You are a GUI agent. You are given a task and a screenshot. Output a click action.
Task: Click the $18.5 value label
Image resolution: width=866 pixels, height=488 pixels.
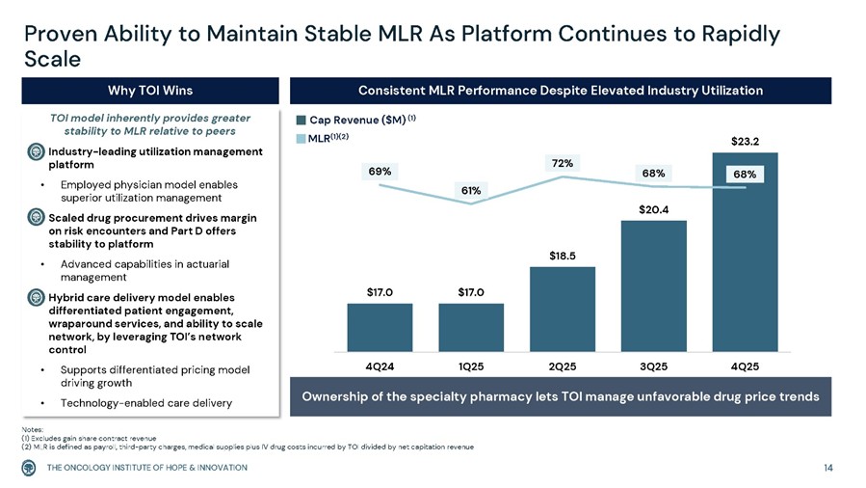coord(563,256)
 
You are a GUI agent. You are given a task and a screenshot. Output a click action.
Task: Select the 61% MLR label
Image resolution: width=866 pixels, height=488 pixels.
coord(471,191)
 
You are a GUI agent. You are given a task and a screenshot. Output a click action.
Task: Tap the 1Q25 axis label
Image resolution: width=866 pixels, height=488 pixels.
coord(471,366)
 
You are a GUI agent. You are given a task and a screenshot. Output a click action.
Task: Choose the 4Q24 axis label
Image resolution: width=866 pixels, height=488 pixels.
coord(380,366)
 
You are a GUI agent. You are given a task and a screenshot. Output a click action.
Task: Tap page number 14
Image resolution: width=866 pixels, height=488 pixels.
coord(828,468)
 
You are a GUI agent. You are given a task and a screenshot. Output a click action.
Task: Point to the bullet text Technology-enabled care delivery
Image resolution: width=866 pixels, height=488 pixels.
coord(145,401)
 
